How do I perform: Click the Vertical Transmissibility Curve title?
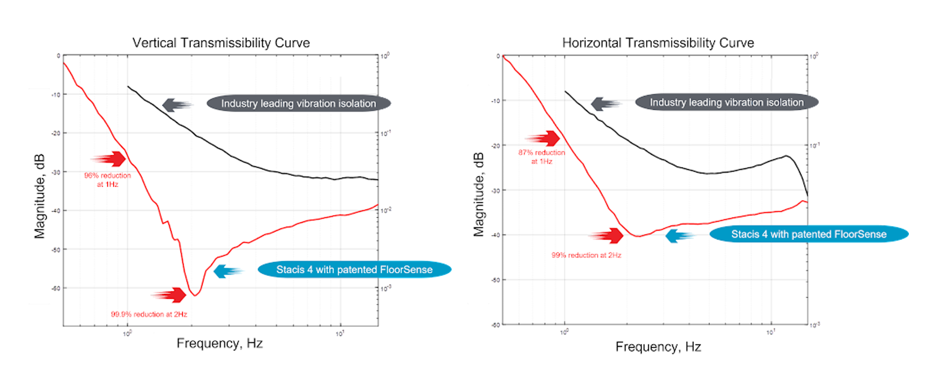tap(221, 43)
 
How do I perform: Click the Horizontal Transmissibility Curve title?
tap(658, 43)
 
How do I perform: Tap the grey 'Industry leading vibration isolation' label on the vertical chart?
tap(299, 103)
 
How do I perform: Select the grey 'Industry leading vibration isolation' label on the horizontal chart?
tap(727, 102)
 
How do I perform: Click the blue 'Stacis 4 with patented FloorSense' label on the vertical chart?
tap(355, 270)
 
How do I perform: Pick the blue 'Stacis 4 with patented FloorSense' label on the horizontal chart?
tap(808, 234)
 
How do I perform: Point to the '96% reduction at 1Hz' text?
tap(107, 180)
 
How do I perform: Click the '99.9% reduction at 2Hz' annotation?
tap(149, 314)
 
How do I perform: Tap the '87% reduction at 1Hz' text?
tap(541, 157)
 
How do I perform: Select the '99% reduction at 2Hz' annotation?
tap(586, 255)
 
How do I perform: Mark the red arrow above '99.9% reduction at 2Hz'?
tap(170, 294)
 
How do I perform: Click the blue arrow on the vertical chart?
tap(227, 271)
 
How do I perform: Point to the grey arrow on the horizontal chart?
tap(605, 104)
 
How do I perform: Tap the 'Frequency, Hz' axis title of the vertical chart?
tap(220, 344)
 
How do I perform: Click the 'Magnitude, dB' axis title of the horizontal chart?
tap(479, 194)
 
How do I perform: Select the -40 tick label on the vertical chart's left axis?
tap(55, 211)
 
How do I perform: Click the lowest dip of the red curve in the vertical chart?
tap(194, 296)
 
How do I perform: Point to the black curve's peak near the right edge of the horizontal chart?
tap(786, 156)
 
